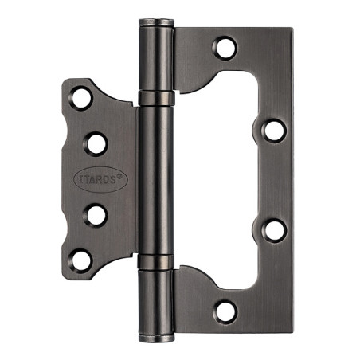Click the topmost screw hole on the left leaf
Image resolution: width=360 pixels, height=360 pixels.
[x=81, y=98]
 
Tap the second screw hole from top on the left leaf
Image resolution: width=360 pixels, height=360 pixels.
[x=96, y=144]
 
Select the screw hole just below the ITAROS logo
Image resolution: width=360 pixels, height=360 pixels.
[x=96, y=215]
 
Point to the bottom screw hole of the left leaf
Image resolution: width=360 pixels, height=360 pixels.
[x=80, y=260]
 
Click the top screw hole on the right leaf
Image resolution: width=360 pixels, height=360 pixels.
[x=225, y=49]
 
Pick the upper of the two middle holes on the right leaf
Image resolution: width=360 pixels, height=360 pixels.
[x=274, y=131]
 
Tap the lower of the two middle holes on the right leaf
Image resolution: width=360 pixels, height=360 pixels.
[x=274, y=230]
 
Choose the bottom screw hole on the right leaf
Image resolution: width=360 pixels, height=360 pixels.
[x=225, y=312]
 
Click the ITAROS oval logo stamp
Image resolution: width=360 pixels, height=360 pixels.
[x=100, y=179]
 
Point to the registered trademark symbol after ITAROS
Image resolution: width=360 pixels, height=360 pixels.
[x=119, y=175]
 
